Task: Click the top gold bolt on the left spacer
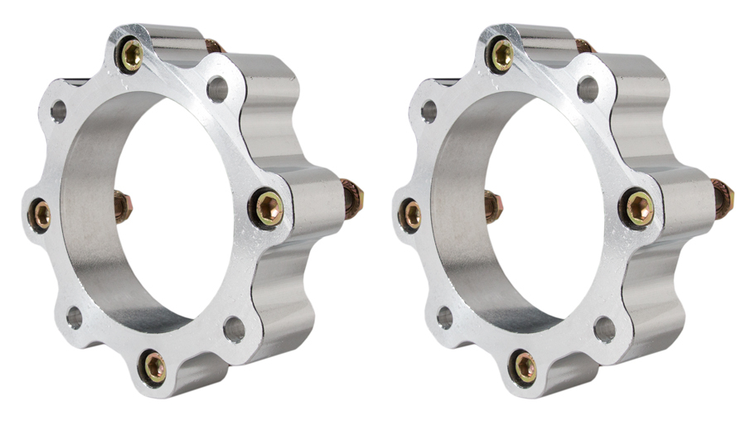coord(132,56)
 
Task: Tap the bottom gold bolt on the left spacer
coord(153,367)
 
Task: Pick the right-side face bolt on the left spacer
coord(269,207)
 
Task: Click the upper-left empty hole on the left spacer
coord(58,110)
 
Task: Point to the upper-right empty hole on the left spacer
coord(217,89)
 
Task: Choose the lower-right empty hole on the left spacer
coord(235,329)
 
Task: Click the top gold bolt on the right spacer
coord(502,56)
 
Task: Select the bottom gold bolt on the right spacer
coord(524,367)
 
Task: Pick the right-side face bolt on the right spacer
coord(639,207)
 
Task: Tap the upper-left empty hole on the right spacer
coord(429,110)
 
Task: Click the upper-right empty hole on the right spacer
coord(588,89)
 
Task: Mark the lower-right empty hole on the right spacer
coord(605,329)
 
